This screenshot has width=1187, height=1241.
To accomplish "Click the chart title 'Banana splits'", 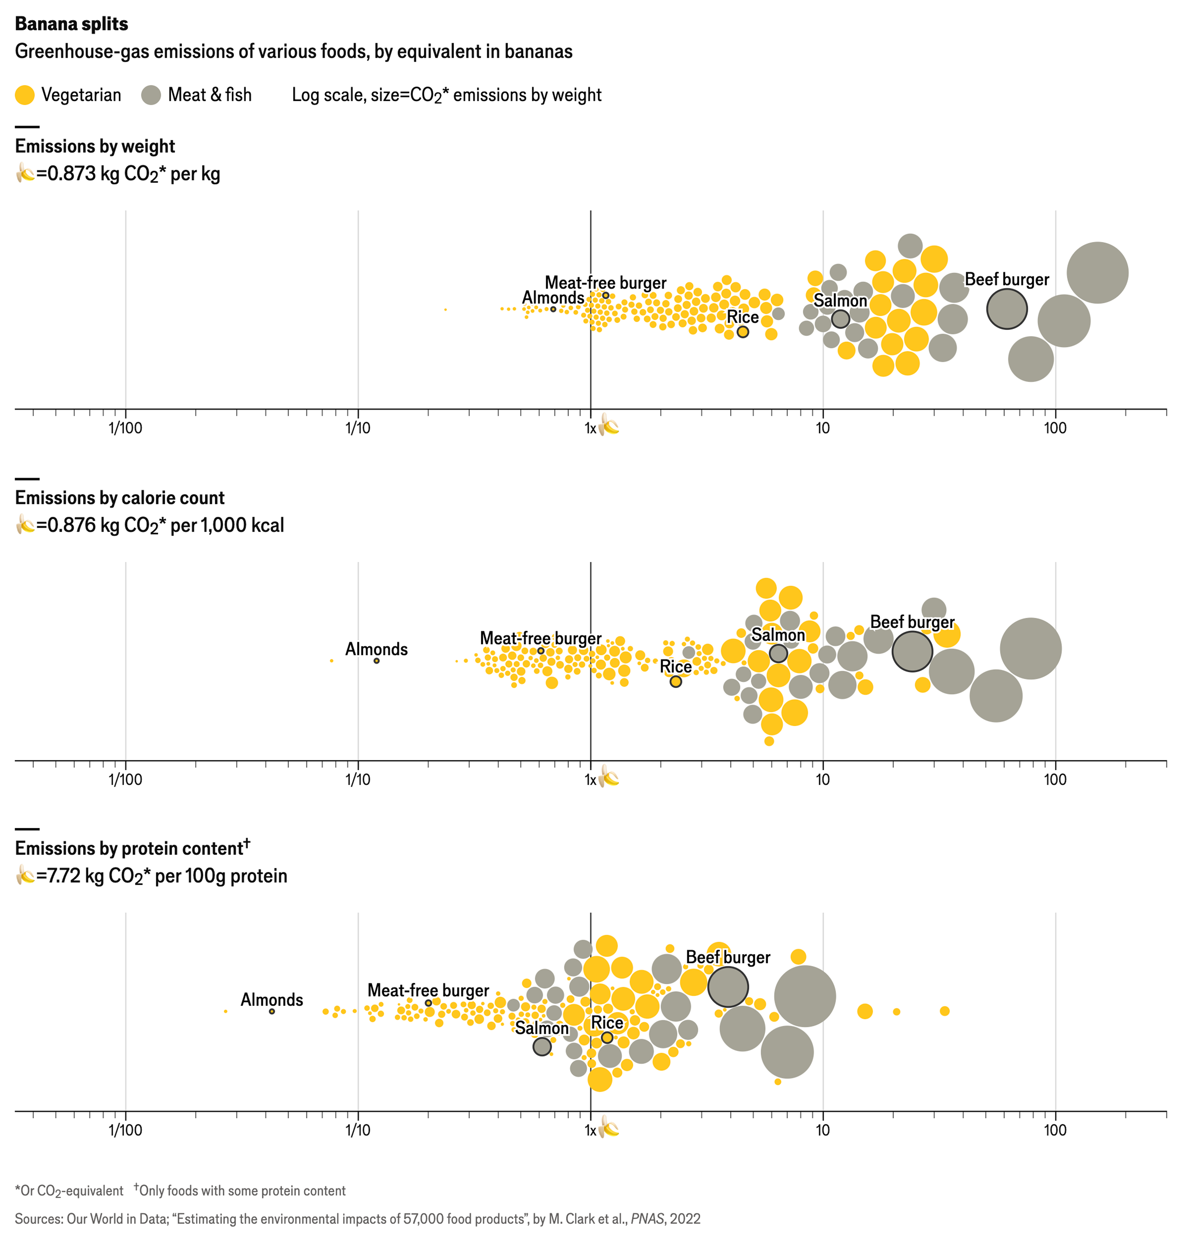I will point(72,24).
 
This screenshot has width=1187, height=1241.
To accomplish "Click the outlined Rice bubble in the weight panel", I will point(743,332).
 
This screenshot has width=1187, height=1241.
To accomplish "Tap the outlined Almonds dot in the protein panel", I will point(272,1011).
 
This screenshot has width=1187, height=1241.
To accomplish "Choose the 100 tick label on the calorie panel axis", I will point(1055,779).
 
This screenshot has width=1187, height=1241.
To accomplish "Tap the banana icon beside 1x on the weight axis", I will point(609,426).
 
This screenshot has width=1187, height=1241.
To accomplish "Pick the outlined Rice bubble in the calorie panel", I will point(676,682).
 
